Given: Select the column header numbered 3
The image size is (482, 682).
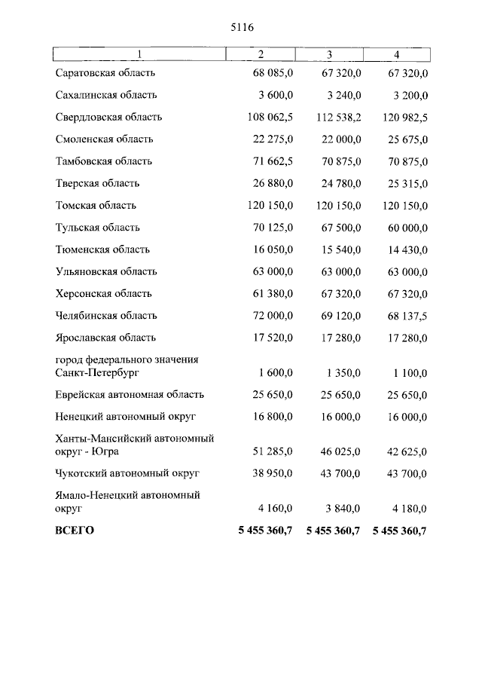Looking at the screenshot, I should point(329,54).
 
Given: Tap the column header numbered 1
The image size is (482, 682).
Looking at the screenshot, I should point(139,54).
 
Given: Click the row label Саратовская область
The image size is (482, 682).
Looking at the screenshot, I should point(105,73).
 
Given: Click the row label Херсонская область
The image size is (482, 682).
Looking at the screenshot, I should point(103,294).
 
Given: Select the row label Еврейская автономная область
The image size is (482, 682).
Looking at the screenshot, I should point(130,395).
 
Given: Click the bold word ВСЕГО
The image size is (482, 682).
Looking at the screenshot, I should point(75,531).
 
